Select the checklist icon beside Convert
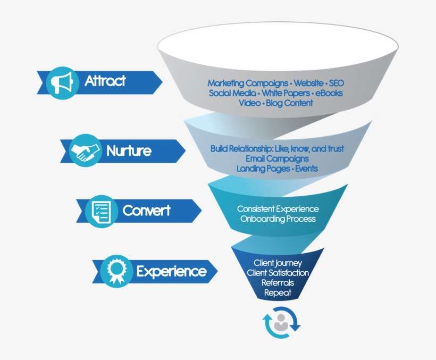pyautogui.click(x=100, y=211)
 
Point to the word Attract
pyautogui.click(x=105, y=81)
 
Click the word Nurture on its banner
pyautogui.click(x=129, y=150)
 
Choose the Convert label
pyautogui.click(x=146, y=211)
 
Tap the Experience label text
pyautogui.click(x=171, y=272)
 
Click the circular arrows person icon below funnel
pyautogui.click(x=281, y=324)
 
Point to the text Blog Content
pyautogui.click(x=290, y=103)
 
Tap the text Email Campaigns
pyautogui.click(x=277, y=158)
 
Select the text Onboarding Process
pyautogui.click(x=278, y=219)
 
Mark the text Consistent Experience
pyautogui.click(x=278, y=209)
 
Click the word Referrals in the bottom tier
pyautogui.click(x=278, y=283)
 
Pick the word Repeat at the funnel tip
pyautogui.click(x=278, y=292)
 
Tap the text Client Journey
pyautogui.click(x=278, y=263)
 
